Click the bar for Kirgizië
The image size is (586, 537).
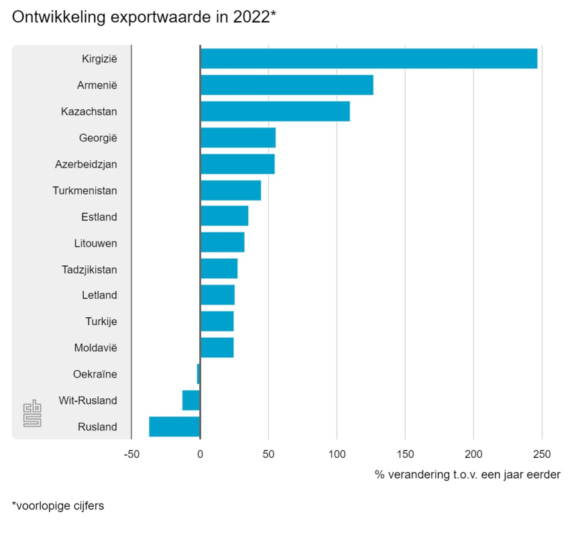pyautogui.click(x=369, y=59)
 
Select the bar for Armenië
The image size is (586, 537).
pyautogui.click(x=286, y=85)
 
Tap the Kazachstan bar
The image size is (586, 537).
pyautogui.click(x=275, y=111)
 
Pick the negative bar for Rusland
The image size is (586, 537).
pyautogui.click(x=174, y=426)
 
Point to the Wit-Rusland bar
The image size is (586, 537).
pyautogui.click(x=191, y=400)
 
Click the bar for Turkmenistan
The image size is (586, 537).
pyautogui.click(x=231, y=190)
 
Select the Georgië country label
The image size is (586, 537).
pyautogui.click(x=98, y=138)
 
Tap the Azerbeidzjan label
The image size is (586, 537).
pyautogui.click(x=86, y=164)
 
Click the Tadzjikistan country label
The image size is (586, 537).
pyautogui.click(x=89, y=270)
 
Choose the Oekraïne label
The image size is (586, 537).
pyautogui.click(x=95, y=374)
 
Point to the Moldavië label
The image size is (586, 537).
pyautogui.click(x=96, y=348)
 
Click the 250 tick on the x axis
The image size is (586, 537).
pyautogui.click(x=542, y=454)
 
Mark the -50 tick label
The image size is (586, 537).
pyautogui.click(x=131, y=454)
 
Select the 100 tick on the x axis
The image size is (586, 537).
pyautogui.click(x=337, y=454)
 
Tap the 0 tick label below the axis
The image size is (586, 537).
pyautogui.click(x=200, y=454)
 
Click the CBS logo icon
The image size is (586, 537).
pyautogui.click(x=32, y=413)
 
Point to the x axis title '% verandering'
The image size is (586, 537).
pyautogui.click(x=467, y=475)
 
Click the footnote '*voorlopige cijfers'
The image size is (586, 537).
pyautogui.click(x=58, y=506)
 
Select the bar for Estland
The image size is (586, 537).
pyautogui.click(x=224, y=217)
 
